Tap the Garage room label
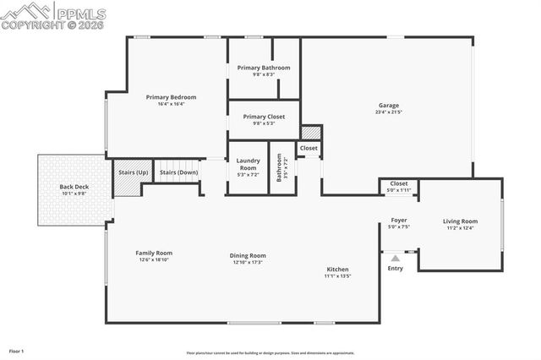pos(388,106)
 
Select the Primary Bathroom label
pos(263,68)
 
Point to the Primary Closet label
pos(264,117)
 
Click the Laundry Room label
pos(248,163)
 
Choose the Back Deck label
pos(74,187)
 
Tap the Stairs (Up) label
pos(133,172)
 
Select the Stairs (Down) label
pos(178,172)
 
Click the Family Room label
pos(154,253)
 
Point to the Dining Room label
pos(248,255)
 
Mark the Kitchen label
pos(337,270)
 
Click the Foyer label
pos(398,221)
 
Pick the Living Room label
pos(460,221)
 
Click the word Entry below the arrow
pos(395,269)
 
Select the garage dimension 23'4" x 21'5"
pos(388,112)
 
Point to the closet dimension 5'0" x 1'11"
pos(399,189)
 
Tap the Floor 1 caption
pos(17,351)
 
